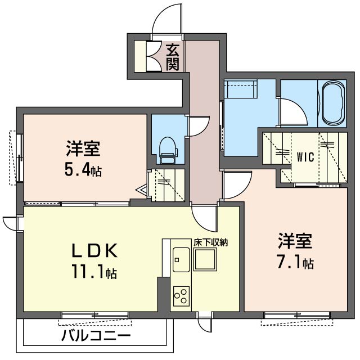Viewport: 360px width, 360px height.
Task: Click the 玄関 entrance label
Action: [173, 57]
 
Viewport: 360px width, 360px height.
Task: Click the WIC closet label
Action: [305, 156]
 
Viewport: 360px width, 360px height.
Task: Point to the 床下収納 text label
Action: [211, 242]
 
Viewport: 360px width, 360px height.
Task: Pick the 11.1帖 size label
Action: [94, 274]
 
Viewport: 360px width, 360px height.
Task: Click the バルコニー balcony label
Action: [96, 336]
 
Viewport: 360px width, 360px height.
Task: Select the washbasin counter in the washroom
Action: [241, 90]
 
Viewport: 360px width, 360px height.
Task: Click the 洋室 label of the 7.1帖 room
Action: [294, 241]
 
